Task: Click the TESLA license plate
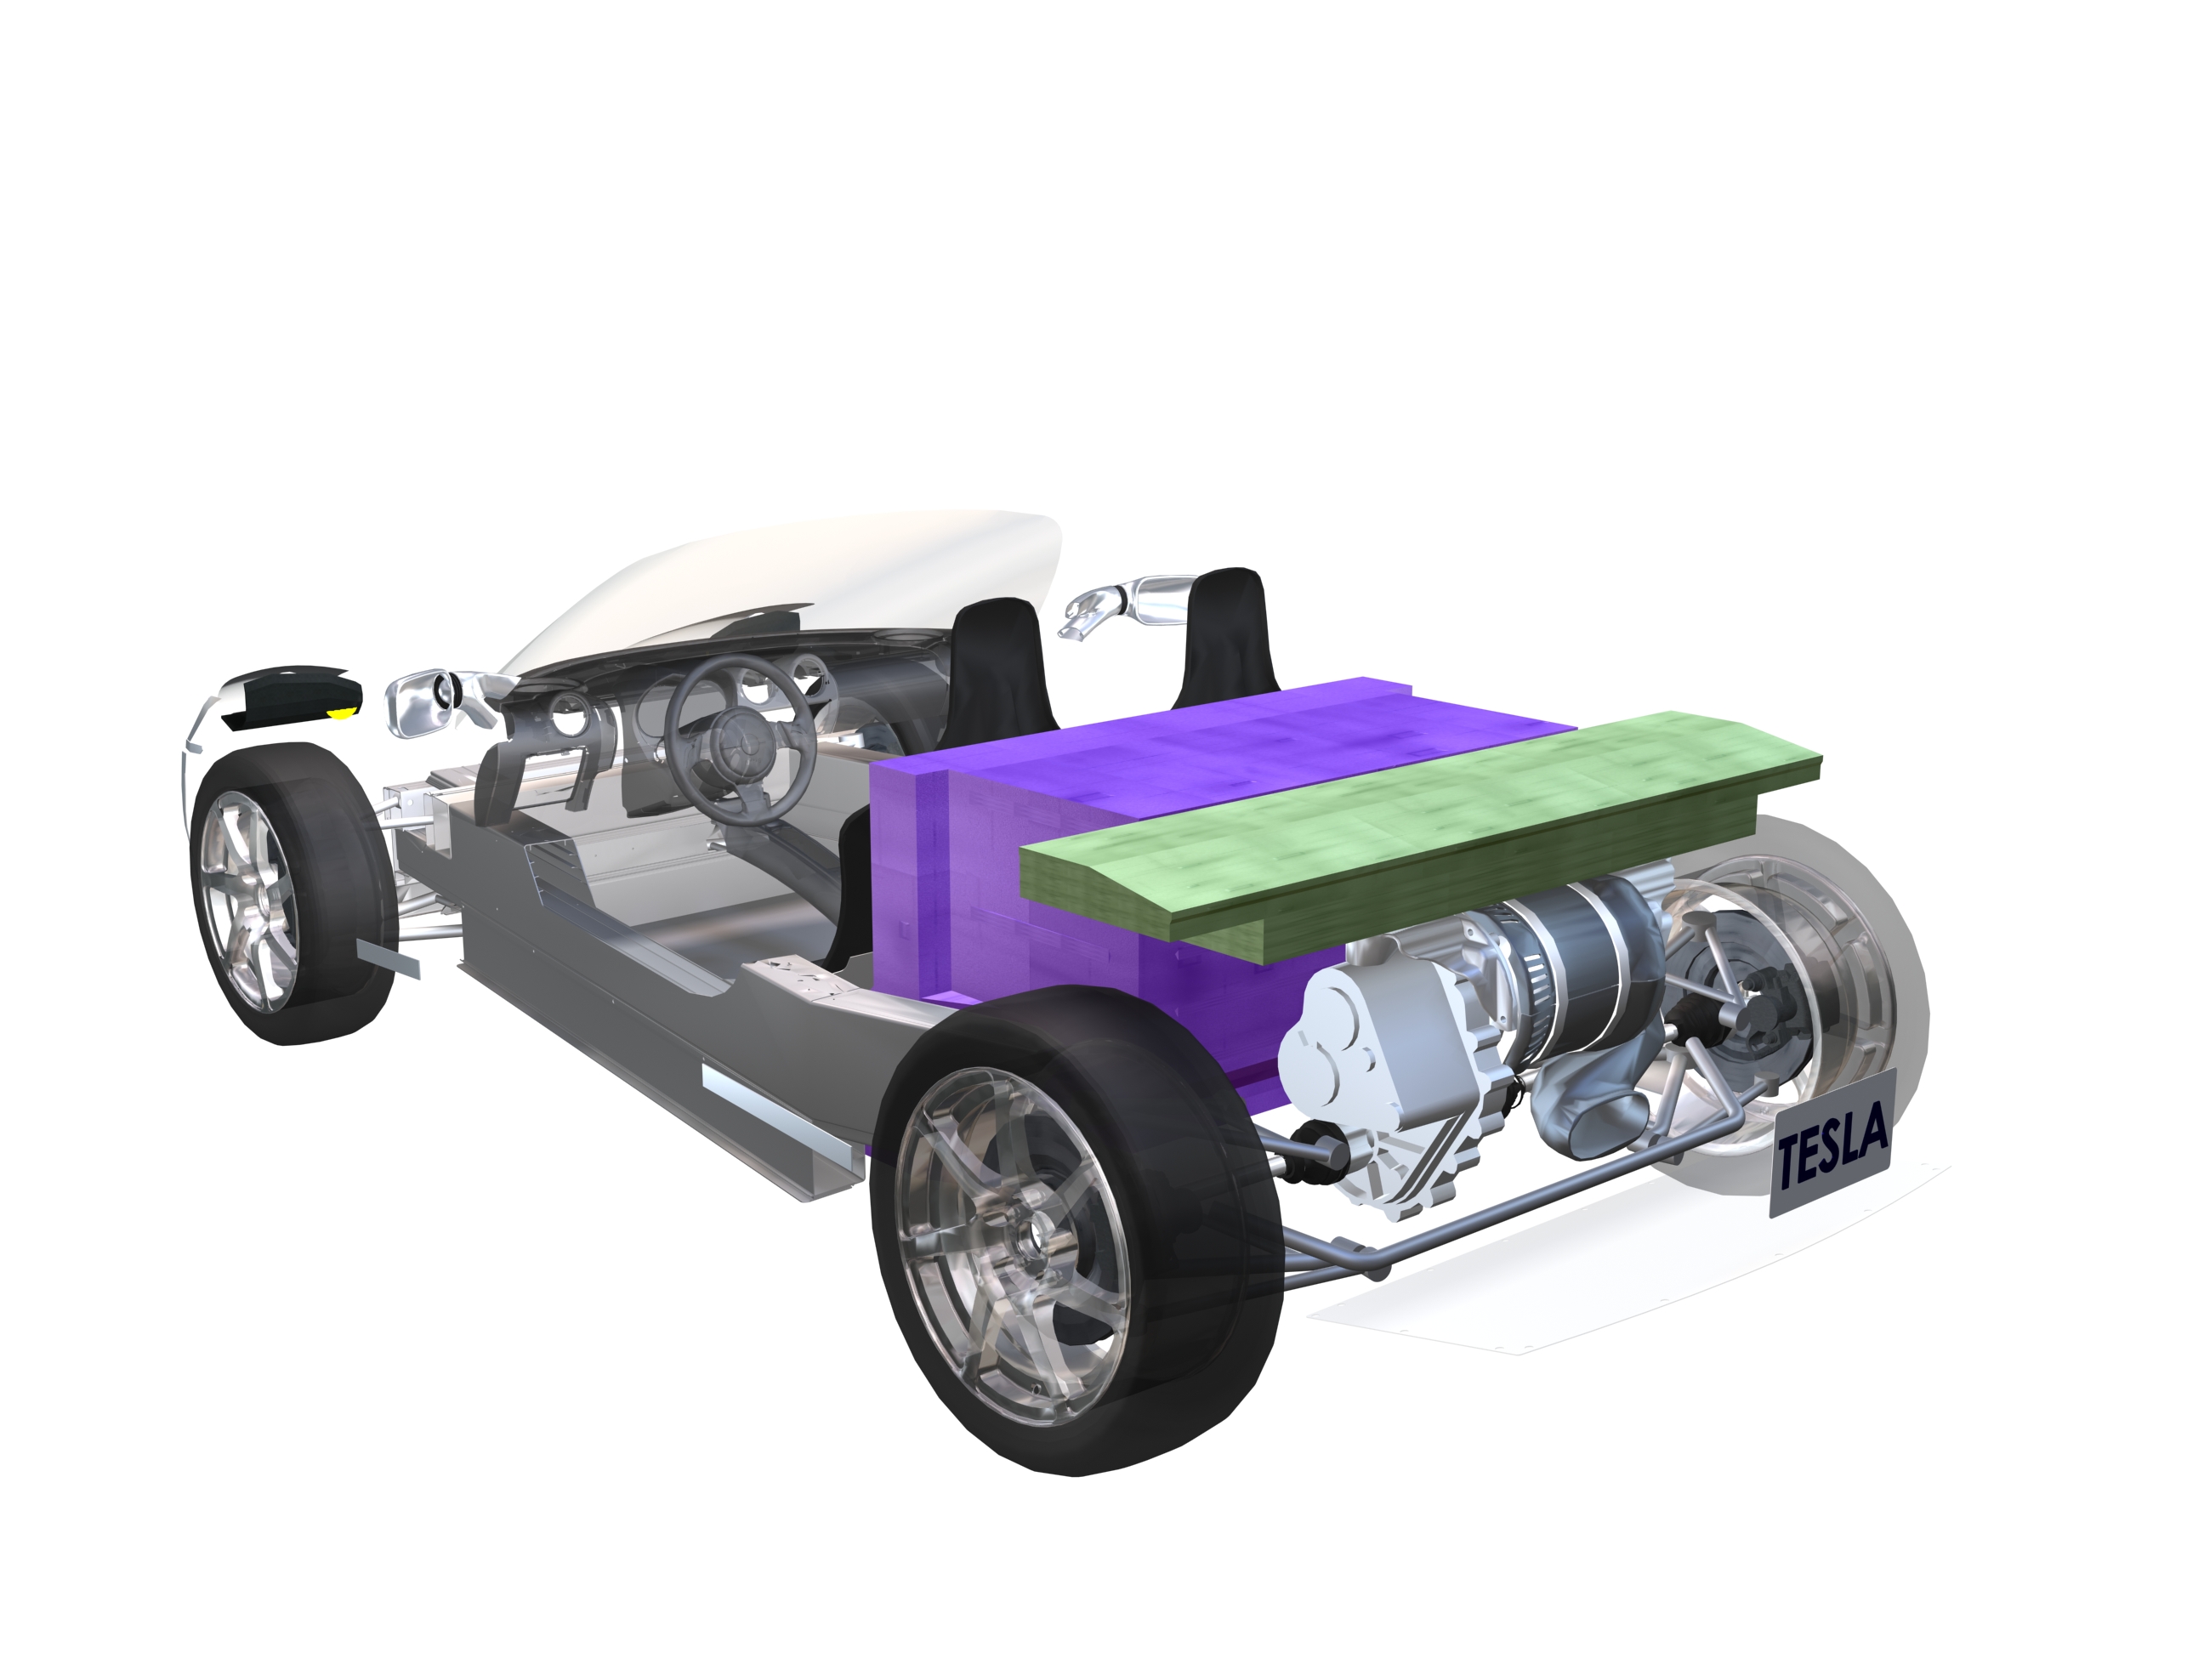click(x=1832, y=1143)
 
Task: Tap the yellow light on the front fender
click(x=343, y=712)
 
